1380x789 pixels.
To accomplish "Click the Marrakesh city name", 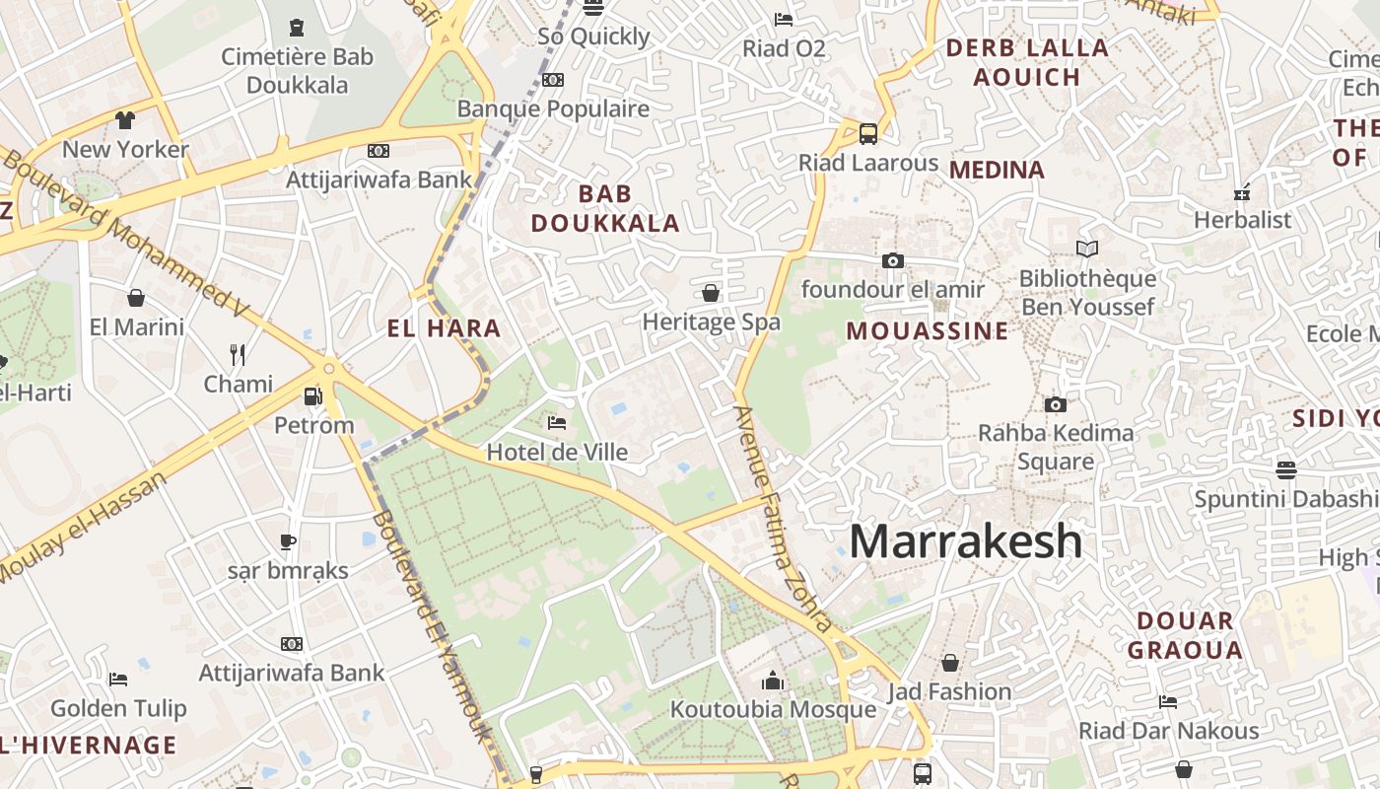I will click(965, 541).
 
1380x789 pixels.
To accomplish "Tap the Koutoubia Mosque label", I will click(773, 709).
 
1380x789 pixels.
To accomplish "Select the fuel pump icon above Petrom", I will click(312, 396).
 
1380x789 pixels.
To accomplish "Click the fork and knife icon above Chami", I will click(238, 355).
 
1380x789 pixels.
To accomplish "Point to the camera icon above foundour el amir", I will click(893, 260).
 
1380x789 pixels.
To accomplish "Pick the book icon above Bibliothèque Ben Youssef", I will click(1087, 250).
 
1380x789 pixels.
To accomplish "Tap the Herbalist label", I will click(1242, 220).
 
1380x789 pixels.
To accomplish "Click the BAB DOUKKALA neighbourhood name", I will click(605, 208).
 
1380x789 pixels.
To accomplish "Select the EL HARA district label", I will click(444, 328).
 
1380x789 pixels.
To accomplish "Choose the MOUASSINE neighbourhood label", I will click(928, 330).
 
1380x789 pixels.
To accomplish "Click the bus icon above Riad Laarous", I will click(868, 134).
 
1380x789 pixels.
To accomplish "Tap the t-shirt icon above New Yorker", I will click(125, 120).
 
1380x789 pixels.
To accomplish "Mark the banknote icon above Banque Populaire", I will click(553, 80).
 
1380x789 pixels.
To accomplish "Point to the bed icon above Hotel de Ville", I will click(557, 423).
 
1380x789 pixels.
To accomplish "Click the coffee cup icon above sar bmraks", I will click(288, 541).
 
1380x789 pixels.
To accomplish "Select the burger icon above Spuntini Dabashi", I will click(1286, 469).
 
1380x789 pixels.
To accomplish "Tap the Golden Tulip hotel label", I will click(118, 708).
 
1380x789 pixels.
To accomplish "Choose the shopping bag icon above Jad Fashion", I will click(950, 663).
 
